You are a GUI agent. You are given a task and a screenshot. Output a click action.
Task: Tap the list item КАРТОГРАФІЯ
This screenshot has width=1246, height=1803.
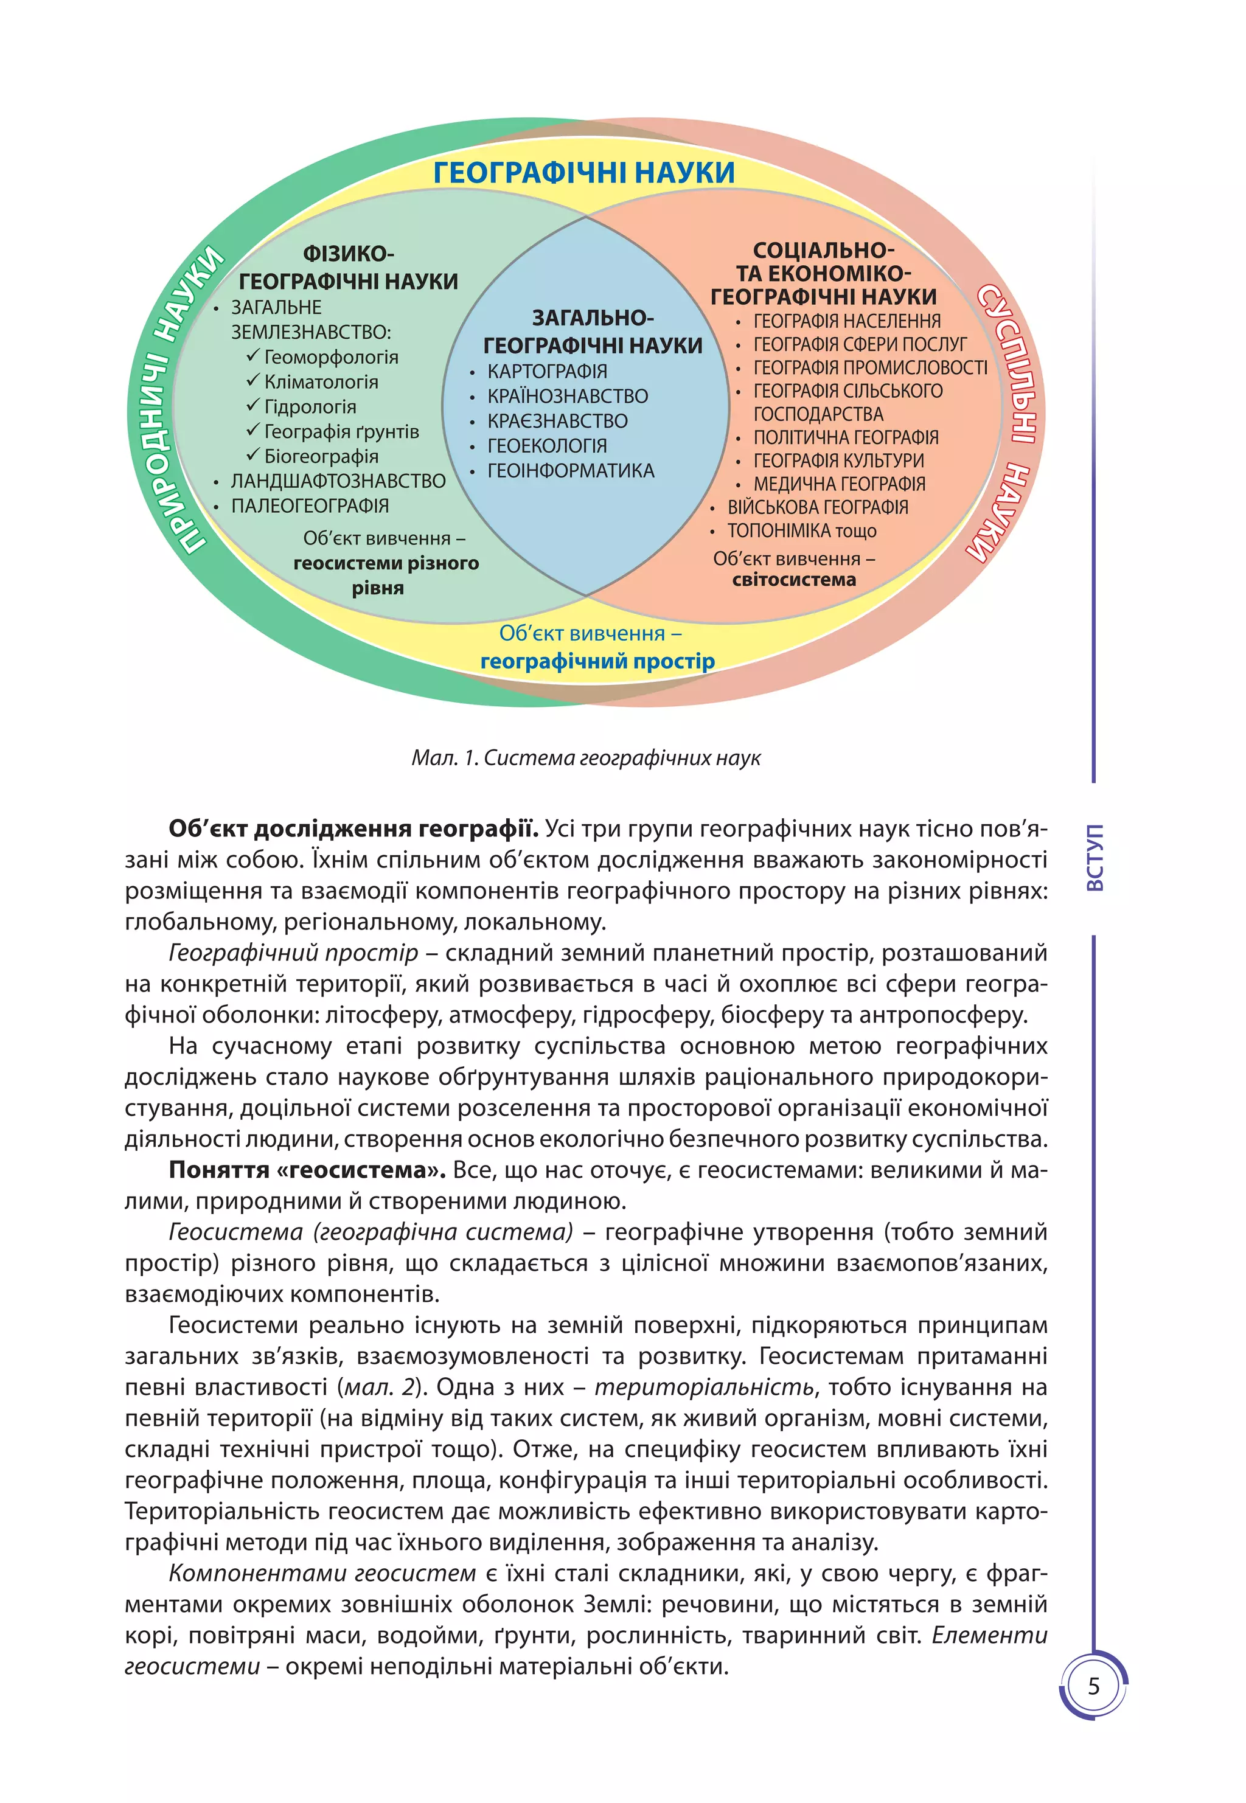[x=546, y=372]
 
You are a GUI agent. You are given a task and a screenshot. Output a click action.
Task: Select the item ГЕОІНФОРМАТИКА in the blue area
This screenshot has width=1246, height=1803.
[x=571, y=471]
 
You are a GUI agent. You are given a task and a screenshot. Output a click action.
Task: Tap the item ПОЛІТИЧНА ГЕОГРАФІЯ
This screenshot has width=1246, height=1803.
[x=846, y=438]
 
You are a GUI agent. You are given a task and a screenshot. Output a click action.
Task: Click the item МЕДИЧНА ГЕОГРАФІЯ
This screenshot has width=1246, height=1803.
[x=839, y=485]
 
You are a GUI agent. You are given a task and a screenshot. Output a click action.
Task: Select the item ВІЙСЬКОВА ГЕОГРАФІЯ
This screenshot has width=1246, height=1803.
[x=818, y=508]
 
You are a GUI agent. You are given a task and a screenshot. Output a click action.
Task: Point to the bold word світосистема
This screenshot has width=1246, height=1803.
[x=794, y=580]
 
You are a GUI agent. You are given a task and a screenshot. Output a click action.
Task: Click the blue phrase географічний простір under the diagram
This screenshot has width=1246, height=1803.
[x=597, y=662]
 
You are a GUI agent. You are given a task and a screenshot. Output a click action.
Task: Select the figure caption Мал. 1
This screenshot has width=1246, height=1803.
[x=585, y=758]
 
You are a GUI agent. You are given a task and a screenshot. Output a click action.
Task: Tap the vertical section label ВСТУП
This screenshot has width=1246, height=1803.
[x=1095, y=857]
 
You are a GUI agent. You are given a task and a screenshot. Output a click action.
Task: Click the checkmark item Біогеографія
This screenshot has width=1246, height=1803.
[x=321, y=457]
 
